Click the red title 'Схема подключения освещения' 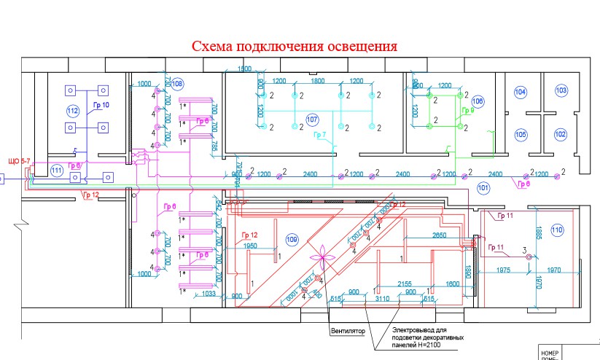coord(295,47)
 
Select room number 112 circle coord(72,111)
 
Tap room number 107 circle coord(312,119)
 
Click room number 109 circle coord(292,239)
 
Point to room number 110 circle coord(558,230)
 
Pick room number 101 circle coord(483,187)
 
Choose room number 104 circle coord(520,92)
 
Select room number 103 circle coord(561,90)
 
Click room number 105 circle coord(520,135)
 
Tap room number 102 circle coord(560,134)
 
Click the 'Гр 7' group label coord(319,135)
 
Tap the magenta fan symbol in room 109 coord(319,257)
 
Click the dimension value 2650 coord(438,235)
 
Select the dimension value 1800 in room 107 coord(318,81)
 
